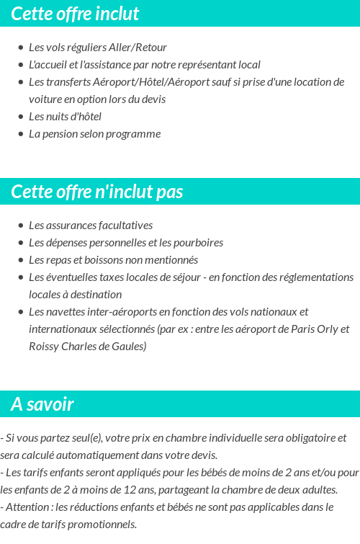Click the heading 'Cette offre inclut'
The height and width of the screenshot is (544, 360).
coord(75,14)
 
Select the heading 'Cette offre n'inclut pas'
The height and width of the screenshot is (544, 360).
coord(97,192)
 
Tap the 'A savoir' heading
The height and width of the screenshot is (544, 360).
coord(42,404)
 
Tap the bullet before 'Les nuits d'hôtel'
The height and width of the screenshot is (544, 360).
coord(20,117)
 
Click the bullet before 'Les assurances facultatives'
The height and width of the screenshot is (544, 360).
coord(20,226)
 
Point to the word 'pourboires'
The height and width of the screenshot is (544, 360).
coord(197,243)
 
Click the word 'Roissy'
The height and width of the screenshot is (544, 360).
coord(44,347)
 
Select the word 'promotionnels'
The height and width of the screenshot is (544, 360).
coord(103,525)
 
